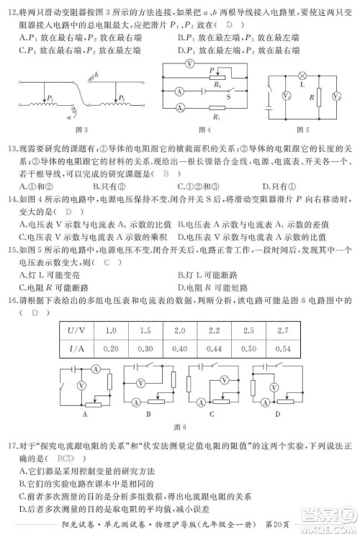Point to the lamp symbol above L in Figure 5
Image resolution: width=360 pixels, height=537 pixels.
click(302, 74)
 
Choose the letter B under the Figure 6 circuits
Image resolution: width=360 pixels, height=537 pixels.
click(148, 414)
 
